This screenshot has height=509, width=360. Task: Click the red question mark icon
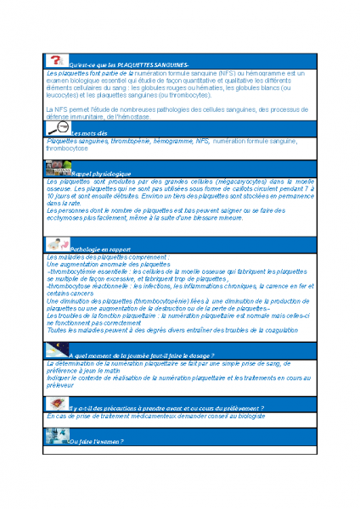pyautogui.click(x=56, y=60)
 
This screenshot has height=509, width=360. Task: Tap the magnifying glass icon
pyautogui.click(x=56, y=128)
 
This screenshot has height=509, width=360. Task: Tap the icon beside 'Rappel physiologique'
pyautogui.click(x=56, y=167)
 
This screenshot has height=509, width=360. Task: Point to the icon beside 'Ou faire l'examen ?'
pyautogui.click(x=56, y=437)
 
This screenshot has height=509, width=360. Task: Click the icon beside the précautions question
pyautogui.click(x=56, y=403)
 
